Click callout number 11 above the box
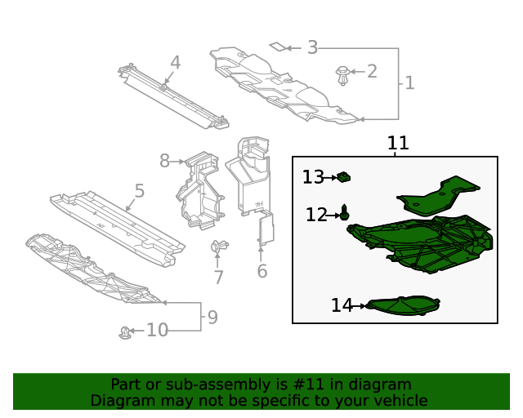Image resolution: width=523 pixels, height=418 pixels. tap(397, 144)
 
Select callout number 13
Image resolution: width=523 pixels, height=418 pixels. tap(313, 177)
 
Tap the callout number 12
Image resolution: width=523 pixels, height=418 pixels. tap(316, 215)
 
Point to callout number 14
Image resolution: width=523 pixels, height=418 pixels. tap(342, 305)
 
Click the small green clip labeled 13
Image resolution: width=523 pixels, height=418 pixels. tap(345, 176)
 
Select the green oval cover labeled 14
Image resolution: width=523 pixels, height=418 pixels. tap(404, 305)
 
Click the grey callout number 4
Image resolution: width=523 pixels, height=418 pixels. tap(175, 62)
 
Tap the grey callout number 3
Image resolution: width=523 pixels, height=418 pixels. tap(312, 48)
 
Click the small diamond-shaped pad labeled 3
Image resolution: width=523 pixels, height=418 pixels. tap(278, 47)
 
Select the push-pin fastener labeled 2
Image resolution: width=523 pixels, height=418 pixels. tap(343, 77)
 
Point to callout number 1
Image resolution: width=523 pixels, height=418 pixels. tap(409, 82)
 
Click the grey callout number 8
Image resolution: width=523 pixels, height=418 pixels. tap(164, 161)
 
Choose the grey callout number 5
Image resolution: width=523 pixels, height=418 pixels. tap(140, 191)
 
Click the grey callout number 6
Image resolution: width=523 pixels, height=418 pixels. tap(261, 271)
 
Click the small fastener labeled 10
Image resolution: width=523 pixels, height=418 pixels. tap(125, 331)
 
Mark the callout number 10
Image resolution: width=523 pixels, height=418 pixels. tap(157, 330)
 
